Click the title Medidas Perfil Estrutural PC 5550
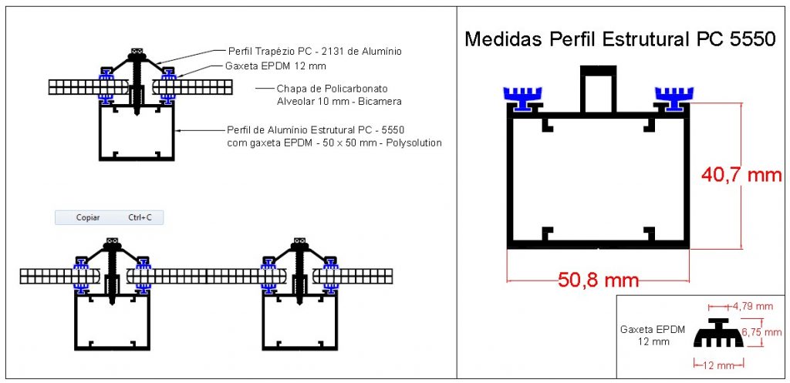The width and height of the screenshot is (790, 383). click(x=620, y=39)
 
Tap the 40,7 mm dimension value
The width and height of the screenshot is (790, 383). click(x=741, y=175)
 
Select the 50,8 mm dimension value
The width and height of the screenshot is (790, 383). click(x=598, y=280)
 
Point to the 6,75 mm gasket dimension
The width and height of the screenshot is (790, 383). click(x=762, y=332)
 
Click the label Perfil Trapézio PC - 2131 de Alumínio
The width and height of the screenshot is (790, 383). click(x=315, y=52)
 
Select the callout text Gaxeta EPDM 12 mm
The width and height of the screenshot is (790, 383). click(x=275, y=66)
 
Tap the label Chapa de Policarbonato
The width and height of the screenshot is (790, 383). click(x=332, y=89)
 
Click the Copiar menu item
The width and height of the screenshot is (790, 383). click(x=88, y=217)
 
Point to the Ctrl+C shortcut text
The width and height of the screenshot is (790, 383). click(x=140, y=217)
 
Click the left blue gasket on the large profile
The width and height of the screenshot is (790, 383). click(x=522, y=98)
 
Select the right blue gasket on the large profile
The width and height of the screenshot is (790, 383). click(x=674, y=98)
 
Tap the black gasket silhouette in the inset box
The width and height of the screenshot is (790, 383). click(x=718, y=333)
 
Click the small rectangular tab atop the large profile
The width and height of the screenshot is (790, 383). click(x=598, y=89)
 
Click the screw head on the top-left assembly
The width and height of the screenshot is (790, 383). click(x=137, y=54)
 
